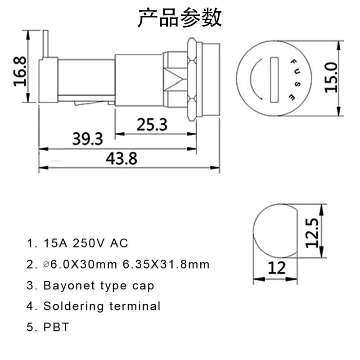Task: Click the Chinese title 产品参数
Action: pyautogui.click(x=180, y=18)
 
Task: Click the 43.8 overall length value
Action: pyautogui.click(x=121, y=158)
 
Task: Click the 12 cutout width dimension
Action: pyautogui.click(x=277, y=268)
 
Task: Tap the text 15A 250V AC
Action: pyautogui.click(x=85, y=243)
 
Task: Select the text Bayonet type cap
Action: pyautogui.click(x=99, y=285)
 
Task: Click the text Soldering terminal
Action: pyautogui.click(x=102, y=306)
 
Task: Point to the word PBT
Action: pyautogui.click(x=56, y=327)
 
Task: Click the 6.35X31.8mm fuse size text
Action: pyautogui.click(x=166, y=265)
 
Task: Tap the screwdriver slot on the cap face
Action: pyautogui.click(x=275, y=80)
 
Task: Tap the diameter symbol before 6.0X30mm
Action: pyautogui.click(x=46, y=265)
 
